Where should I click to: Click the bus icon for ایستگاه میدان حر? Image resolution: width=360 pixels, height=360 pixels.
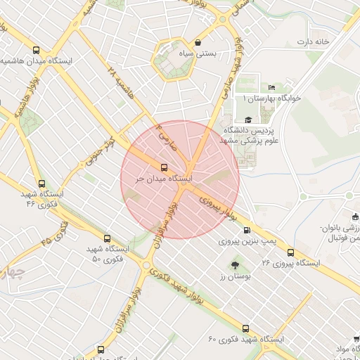[165, 167]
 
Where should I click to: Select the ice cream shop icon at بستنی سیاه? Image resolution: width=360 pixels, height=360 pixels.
[198, 42]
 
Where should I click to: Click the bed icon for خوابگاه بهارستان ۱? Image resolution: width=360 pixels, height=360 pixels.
[271, 87]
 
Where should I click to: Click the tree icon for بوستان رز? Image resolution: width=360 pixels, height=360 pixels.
[235, 265]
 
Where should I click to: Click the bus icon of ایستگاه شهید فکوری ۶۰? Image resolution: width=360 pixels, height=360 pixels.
[245, 328]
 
